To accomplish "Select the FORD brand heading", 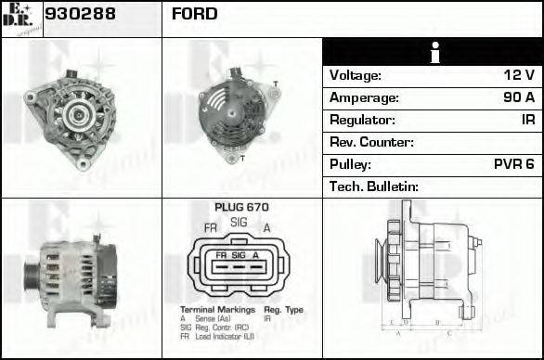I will click(195, 14).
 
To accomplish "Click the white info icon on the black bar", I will click(433, 53).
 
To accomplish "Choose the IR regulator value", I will click(527, 120).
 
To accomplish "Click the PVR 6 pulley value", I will click(513, 164).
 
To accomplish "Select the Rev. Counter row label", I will click(371, 142).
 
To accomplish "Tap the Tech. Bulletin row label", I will click(374, 186).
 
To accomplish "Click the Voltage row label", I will click(356, 75).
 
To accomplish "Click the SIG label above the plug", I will click(239, 223).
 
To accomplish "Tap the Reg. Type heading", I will click(283, 309).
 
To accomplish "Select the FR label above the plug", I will click(211, 228).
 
